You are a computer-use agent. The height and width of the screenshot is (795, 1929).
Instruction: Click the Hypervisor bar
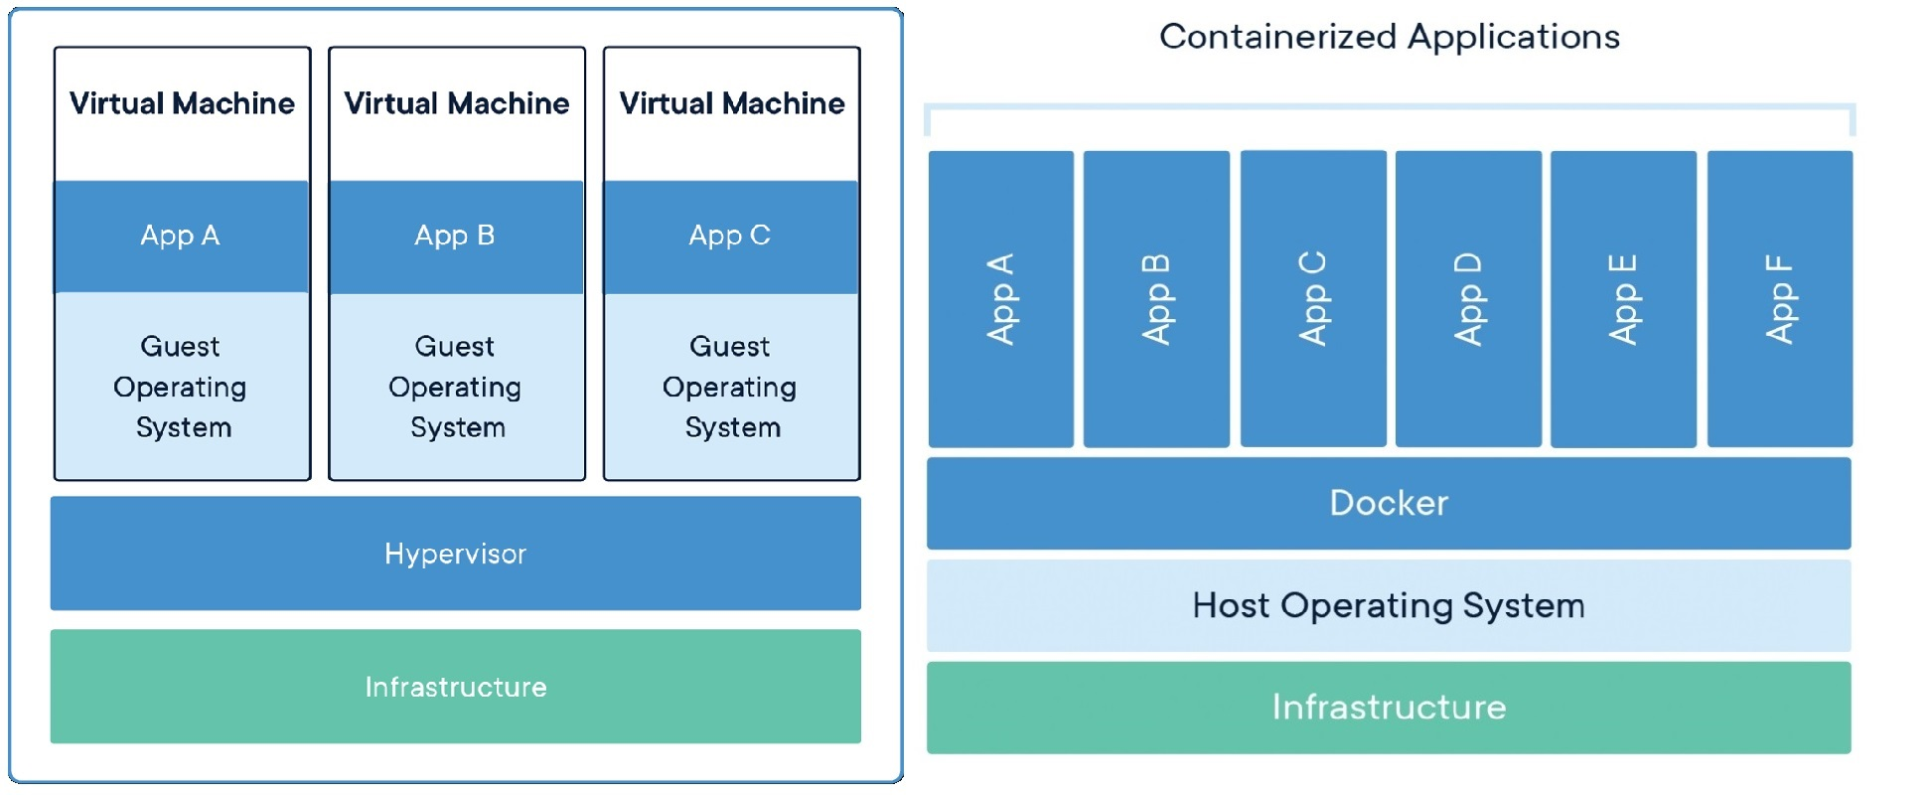pos(455,554)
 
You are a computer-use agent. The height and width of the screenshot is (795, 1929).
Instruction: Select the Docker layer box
pos(1388,503)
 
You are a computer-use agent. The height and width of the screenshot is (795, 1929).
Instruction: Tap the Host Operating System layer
pos(1388,605)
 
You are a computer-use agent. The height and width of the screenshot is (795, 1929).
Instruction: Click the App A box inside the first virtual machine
pos(181,237)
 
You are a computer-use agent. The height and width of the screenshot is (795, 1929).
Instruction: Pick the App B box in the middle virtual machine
pos(456,237)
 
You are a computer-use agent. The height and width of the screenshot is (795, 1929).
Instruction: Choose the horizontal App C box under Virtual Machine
pos(730,237)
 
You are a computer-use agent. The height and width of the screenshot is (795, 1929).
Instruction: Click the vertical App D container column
pos(1468,298)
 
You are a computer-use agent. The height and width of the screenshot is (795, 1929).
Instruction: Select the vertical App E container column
pos(1623,298)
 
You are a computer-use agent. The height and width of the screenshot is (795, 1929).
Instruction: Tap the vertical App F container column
pos(1779,298)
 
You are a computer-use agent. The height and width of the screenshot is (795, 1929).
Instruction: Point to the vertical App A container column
pos(1000,298)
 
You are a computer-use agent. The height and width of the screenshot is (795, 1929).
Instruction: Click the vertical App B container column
pos(1156,298)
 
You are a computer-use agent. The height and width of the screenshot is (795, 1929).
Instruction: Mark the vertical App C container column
pos(1312,298)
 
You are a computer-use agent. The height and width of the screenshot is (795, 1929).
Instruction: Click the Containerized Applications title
pos(1389,37)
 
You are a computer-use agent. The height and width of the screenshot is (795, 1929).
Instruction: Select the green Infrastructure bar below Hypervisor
pos(455,687)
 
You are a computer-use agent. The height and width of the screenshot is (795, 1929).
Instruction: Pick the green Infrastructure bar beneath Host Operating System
pos(1388,708)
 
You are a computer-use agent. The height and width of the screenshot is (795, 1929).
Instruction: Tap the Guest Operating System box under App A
pos(181,387)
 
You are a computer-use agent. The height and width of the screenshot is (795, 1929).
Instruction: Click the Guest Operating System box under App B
pos(456,387)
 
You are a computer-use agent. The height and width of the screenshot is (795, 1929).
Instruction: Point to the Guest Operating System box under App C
pos(730,387)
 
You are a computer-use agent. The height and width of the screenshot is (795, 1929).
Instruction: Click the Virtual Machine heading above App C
pos(731,103)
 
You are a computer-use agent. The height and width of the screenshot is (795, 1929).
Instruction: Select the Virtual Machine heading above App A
pos(182,103)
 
